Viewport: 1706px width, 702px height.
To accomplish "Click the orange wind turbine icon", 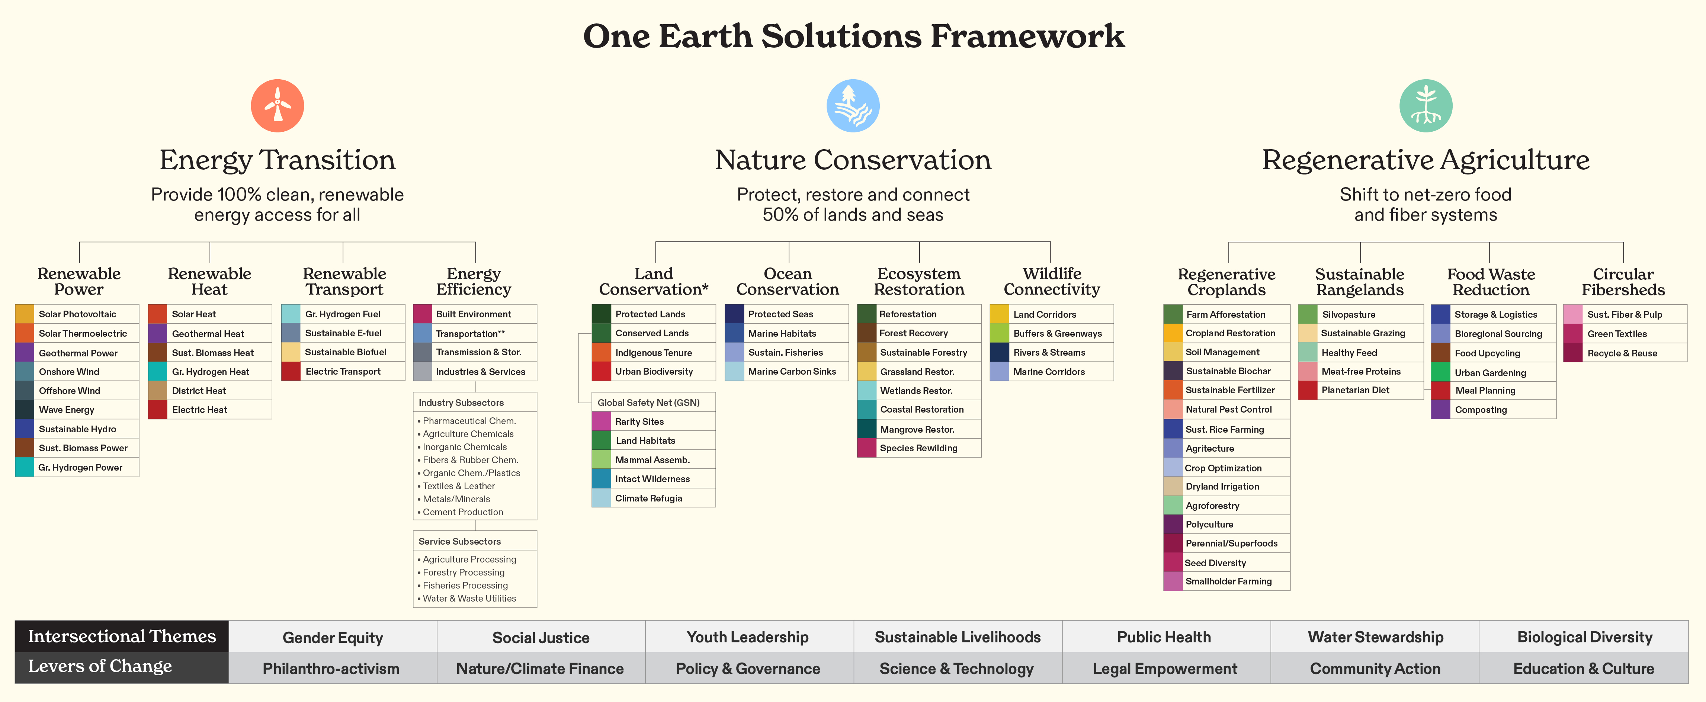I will coord(278,106).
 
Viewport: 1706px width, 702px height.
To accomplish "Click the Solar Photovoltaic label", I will coord(77,314).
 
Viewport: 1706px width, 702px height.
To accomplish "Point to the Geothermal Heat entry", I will coord(208,334).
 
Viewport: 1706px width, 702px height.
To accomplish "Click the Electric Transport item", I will coord(343,372).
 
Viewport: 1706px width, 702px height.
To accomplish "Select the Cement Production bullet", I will coord(463,512).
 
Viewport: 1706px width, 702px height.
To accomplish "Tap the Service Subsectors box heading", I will coord(460,541).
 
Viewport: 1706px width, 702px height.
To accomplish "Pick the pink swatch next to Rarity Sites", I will coord(601,421).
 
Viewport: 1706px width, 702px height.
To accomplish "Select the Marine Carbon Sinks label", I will coord(792,372).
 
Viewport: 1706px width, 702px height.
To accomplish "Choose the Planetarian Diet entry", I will coord(1355,390).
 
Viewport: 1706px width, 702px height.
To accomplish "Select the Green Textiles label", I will coord(1617,334).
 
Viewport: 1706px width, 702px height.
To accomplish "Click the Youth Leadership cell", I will coord(748,637).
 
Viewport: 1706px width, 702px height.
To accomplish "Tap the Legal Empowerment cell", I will coord(1165,669).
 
